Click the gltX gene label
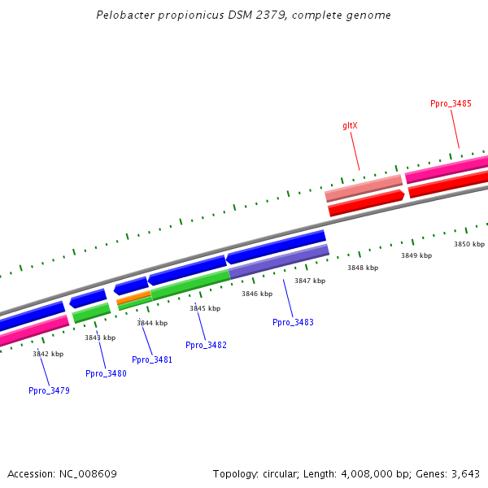coord(350,125)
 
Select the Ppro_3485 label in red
coord(451,103)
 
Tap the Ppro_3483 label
coord(293,323)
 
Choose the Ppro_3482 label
coord(206,345)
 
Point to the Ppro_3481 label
coord(152,359)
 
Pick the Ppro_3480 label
coord(106,373)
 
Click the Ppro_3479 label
coord(49,390)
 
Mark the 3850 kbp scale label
coord(468,244)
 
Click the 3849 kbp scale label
coord(416,255)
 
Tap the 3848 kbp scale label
coord(362,268)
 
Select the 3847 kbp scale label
coord(309,281)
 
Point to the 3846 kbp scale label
coord(256,294)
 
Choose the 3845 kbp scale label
coord(205,308)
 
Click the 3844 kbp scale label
coord(152,323)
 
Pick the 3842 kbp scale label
coord(48,354)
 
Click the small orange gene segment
coord(133,298)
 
